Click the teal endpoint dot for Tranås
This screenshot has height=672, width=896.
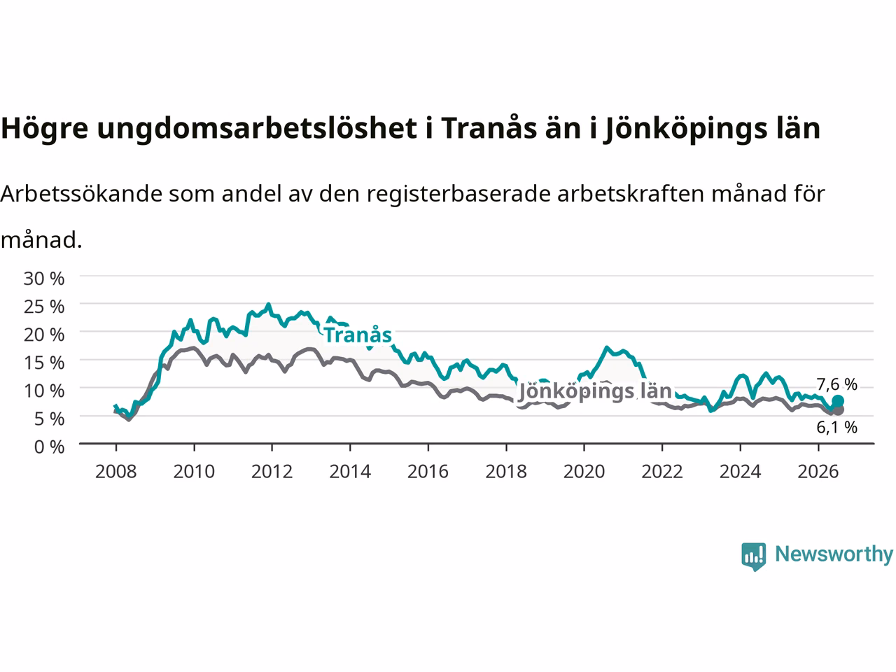point(838,401)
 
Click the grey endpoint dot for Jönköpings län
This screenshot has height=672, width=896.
point(838,410)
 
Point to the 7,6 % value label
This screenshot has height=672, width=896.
point(836,384)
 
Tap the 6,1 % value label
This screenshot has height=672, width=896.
point(836,427)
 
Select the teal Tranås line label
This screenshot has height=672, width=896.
point(358,335)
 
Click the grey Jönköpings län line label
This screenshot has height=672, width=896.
point(594,391)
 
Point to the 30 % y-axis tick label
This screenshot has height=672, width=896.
point(43,279)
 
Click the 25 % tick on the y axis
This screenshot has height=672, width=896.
point(43,307)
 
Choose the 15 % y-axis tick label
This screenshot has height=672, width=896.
point(43,363)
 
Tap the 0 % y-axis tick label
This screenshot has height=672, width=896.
point(49,447)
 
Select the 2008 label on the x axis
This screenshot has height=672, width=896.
point(116,472)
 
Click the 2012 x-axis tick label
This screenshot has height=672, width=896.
point(272,472)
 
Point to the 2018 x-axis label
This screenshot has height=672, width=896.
point(506,472)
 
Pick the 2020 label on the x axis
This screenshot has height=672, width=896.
point(584,472)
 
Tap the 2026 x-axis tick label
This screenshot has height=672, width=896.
point(818,472)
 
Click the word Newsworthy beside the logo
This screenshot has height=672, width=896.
point(834,554)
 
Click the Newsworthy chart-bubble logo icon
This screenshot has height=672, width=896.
point(753,556)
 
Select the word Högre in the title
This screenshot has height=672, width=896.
point(45,129)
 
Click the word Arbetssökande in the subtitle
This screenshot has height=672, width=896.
point(82,193)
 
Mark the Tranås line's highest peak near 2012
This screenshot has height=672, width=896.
point(268,304)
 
